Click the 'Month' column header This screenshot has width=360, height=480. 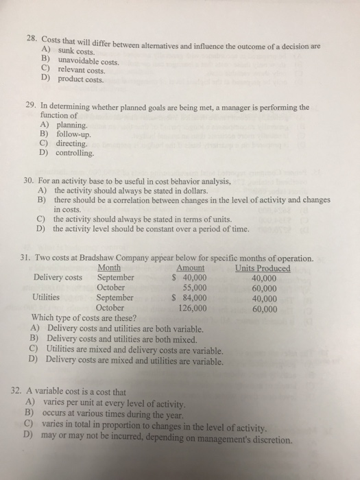tap(110, 267)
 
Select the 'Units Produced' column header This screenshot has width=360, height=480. tap(262, 267)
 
